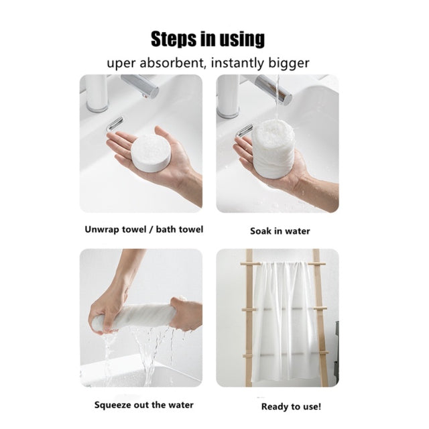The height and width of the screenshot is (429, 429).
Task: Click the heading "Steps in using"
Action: tap(208, 39)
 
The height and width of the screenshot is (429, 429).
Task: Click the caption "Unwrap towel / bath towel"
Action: tap(144, 229)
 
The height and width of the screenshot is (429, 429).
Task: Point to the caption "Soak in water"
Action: tap(280, 231)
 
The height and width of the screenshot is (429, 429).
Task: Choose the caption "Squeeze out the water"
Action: tap(144, 405)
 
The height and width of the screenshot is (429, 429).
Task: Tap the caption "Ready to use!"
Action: tap(291, 407)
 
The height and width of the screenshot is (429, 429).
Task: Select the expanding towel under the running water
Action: tap(273, 149)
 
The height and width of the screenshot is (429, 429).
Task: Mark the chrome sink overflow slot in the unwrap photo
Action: tap(116, 123)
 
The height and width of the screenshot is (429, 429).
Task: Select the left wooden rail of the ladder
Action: tap(249, 317)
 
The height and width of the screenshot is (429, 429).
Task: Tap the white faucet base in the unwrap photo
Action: tap(97, 93)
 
